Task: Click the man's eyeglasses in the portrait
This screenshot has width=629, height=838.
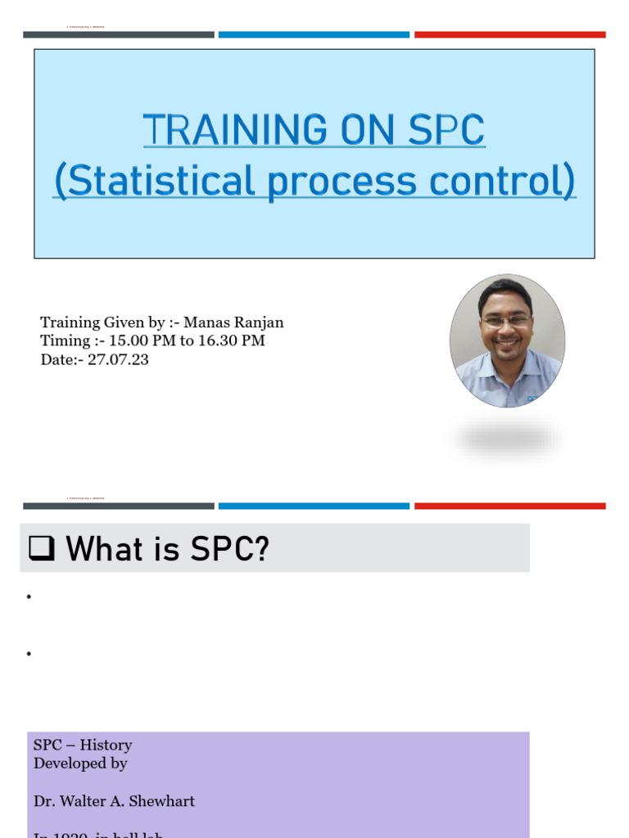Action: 506,322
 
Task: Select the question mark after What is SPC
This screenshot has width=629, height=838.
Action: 261,548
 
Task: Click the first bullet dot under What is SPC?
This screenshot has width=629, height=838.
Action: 29,597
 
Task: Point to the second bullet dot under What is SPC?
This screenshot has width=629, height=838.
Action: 29,654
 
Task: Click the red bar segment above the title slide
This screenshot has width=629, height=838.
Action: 509,34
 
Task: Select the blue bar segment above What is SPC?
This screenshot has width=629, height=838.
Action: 314,506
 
